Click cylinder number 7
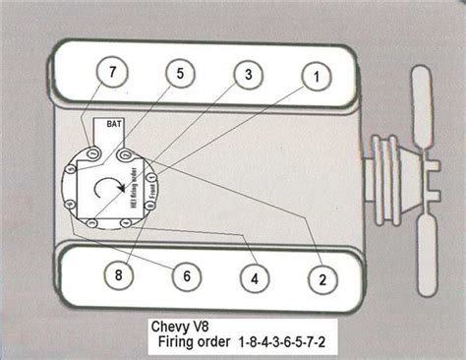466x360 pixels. [x=112, y=72]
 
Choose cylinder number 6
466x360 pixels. [x=182, y=277]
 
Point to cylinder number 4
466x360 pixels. [x=254, y=278]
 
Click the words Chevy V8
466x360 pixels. [x=183, y=324]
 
